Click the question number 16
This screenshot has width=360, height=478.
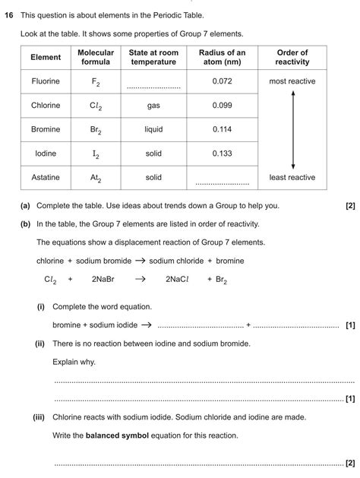coord(9,14)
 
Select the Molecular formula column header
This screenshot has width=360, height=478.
coord(96,57)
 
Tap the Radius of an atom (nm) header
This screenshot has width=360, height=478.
coord(222,57)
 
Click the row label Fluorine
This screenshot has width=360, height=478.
coord(46,81)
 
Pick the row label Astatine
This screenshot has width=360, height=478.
coord(46,177)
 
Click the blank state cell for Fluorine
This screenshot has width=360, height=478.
coord(153,85)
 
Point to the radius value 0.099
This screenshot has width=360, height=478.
coord(222,106)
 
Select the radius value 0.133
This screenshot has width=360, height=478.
coord(222,154)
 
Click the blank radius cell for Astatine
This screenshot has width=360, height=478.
coord(222,181)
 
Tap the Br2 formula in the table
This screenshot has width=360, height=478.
coord(96,130)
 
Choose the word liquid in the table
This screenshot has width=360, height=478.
coord(153,129)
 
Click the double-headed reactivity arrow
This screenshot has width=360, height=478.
coord(292,129)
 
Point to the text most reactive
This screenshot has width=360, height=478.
coord(292,81)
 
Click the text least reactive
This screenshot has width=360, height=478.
coord(292,177)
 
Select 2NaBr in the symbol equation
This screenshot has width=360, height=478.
coord(103,279)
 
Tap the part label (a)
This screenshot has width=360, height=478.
coord(26,205)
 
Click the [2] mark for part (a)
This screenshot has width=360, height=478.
coord(349,205)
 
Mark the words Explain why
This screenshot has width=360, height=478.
coord(74,361)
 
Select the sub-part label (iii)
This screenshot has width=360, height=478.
coord(39,417)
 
